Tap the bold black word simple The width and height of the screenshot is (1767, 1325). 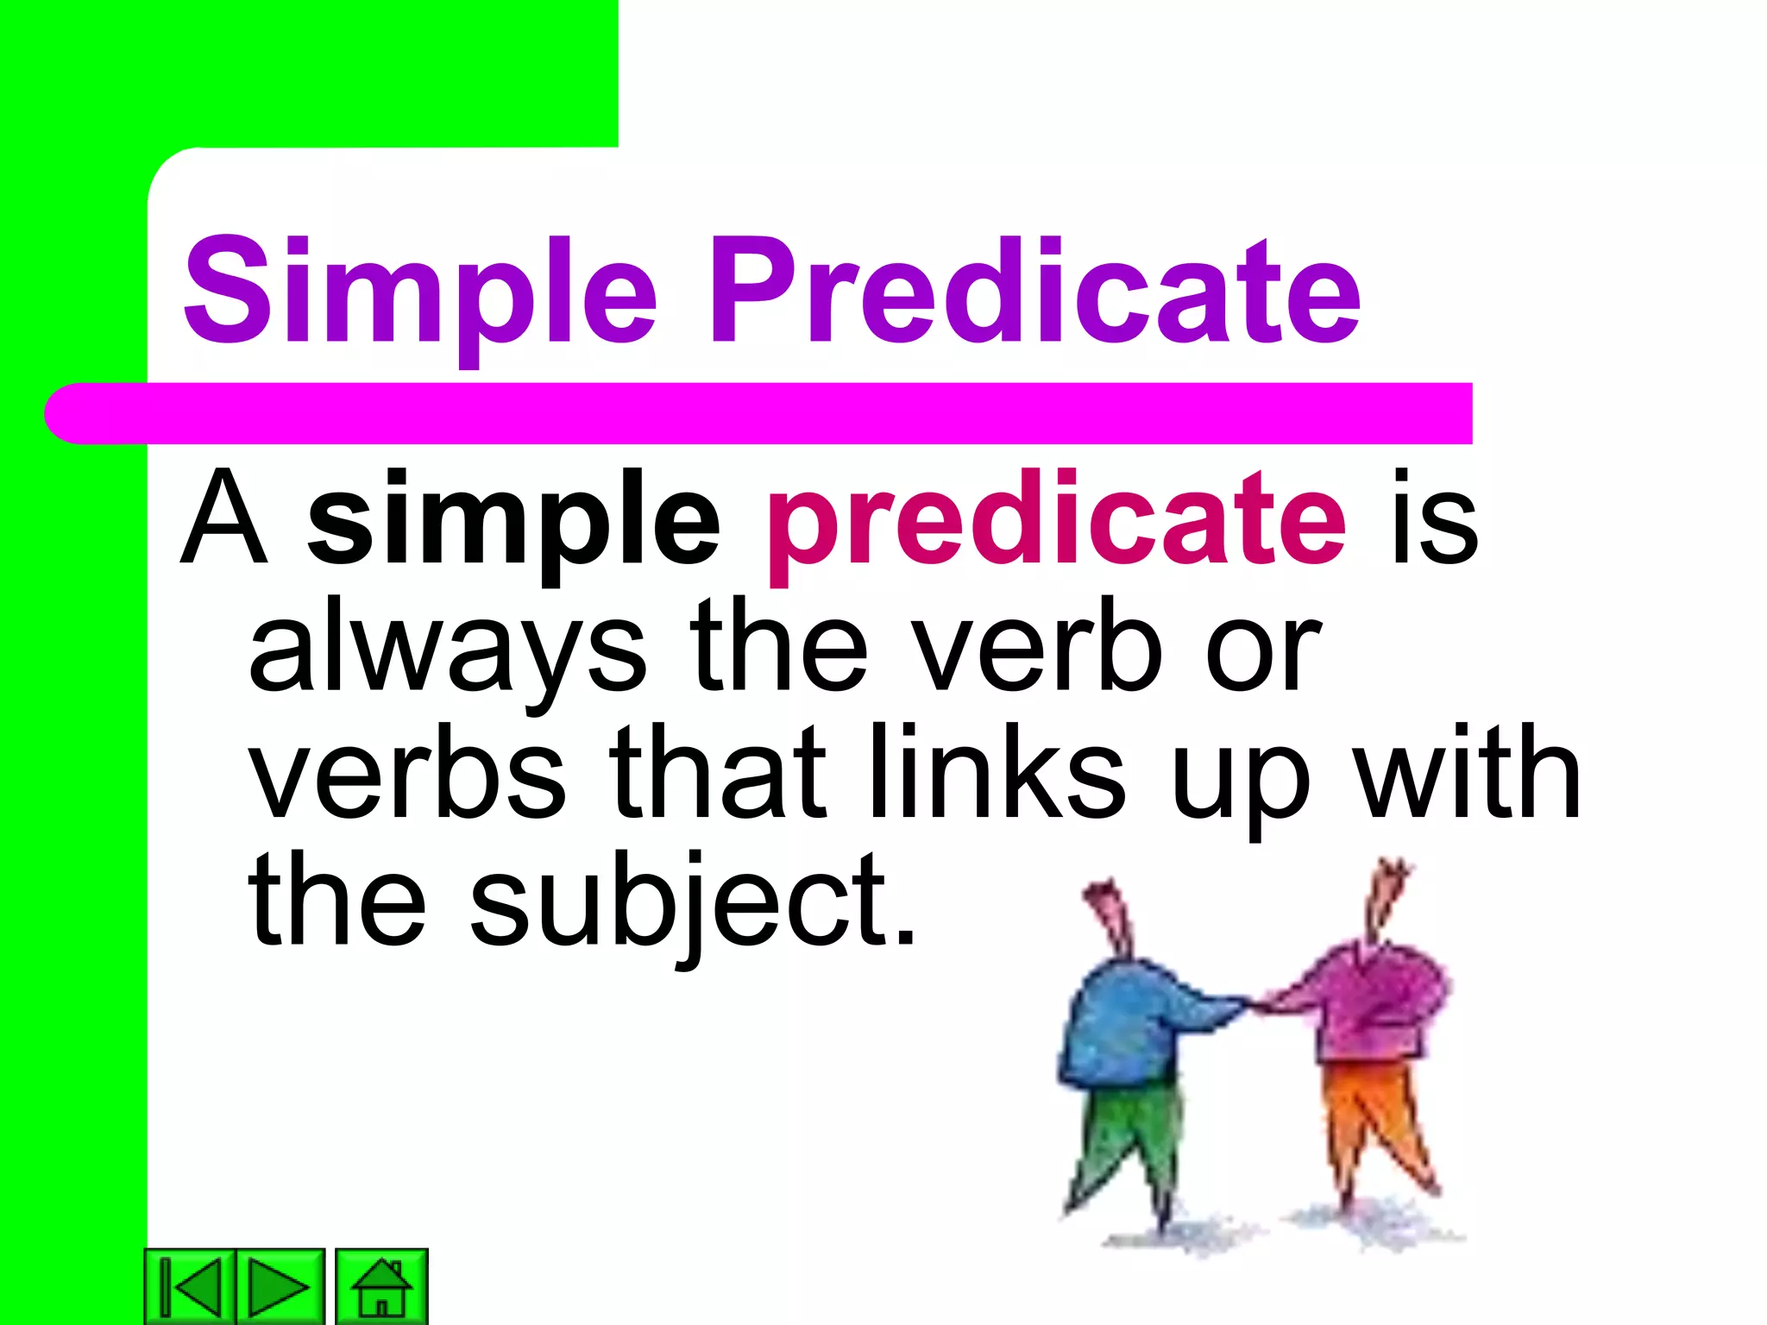click(513, 522)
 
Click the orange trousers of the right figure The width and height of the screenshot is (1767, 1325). click(1372, 1113)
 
